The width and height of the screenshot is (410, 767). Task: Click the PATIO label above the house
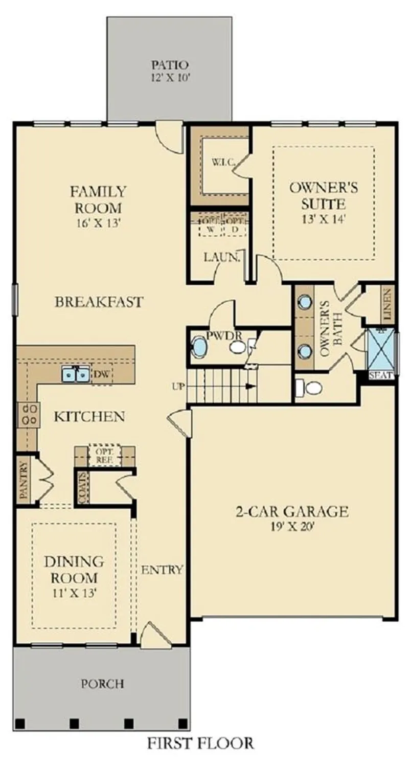coord(170,65)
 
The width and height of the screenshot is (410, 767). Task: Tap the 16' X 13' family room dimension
coord(98,223)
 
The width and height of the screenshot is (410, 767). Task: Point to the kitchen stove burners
coord(28,414)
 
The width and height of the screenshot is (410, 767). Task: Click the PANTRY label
coord(23,479)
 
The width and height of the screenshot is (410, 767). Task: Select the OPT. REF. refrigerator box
coord(105,455)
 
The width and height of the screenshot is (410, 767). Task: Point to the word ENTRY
coord(162,570)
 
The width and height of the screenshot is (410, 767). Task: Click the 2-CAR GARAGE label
coord(292,511)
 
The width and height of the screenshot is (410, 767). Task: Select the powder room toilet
coord(237,348)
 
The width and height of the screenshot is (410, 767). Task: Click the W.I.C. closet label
coord(223,163)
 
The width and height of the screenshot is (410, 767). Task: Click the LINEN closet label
coord(386,305)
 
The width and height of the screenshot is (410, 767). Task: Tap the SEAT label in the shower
coord(381,375)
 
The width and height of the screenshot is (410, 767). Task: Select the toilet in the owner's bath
coord(311,388)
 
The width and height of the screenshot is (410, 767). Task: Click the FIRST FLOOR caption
coord(200,743)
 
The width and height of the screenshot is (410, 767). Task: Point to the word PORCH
coord(102,683)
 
